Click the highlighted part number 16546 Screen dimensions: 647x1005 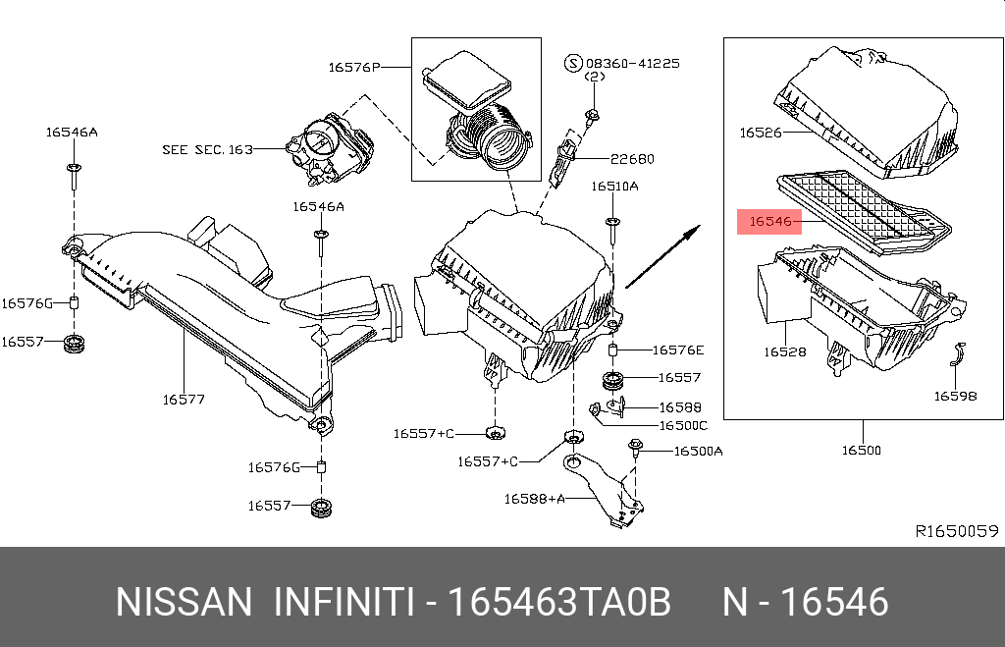point(769,222)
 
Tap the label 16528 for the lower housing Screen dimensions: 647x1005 point(785,350)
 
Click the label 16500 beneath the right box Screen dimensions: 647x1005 point(861,451)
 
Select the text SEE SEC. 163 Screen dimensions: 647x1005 point(207,150)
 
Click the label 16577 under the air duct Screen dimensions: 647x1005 point(184,400)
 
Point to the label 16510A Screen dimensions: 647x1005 point(614,186)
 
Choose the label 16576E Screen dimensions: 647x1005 point(678,350)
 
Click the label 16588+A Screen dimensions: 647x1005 point(534,498)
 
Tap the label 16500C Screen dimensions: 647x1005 point(682,425)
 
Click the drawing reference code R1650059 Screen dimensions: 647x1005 point(956,531)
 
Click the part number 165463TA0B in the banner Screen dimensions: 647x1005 point(558,602)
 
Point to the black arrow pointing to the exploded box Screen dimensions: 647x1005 point(663,257)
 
